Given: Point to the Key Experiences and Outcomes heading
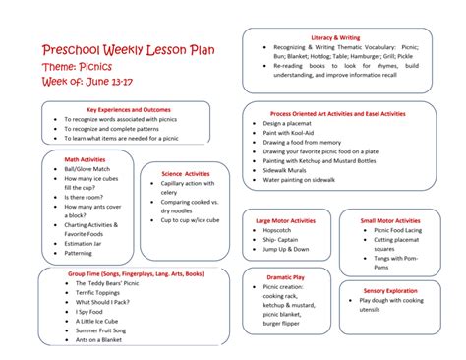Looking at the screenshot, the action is [129, 109].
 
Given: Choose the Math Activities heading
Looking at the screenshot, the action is [85, 158].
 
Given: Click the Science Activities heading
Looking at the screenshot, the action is [186, 174].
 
